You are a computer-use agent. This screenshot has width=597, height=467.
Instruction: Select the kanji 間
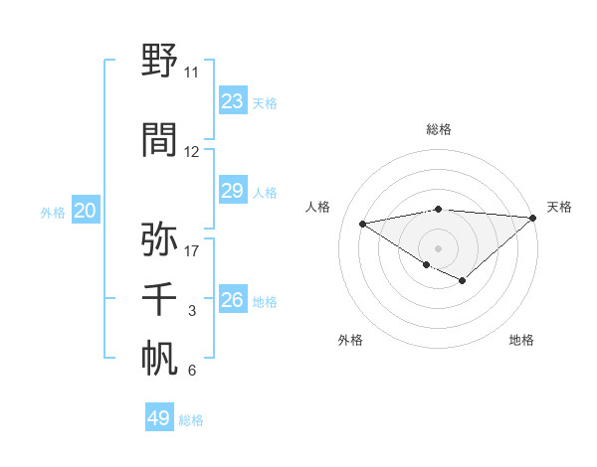160,140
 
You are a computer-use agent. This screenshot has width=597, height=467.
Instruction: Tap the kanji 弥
160,238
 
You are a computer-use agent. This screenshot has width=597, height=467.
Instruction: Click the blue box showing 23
232,101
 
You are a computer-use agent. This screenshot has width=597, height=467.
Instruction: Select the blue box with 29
232,191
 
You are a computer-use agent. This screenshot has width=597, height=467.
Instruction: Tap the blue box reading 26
232,300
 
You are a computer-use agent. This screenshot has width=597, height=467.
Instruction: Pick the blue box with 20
85,211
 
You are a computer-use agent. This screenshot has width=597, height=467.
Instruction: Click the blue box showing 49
159,418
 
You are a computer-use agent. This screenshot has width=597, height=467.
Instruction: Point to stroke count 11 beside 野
191,73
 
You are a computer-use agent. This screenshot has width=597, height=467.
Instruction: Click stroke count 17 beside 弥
192,250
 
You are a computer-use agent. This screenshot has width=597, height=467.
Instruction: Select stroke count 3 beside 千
191,311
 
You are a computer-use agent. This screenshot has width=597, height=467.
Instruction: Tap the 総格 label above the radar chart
438,129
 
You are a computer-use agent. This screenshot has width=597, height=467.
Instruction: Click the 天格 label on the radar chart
559,207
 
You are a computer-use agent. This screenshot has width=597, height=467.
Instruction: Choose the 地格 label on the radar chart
521,340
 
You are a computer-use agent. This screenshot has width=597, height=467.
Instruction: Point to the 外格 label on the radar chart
350,340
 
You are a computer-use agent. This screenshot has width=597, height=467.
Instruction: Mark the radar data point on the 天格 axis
533,217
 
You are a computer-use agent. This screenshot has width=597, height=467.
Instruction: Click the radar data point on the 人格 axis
362,223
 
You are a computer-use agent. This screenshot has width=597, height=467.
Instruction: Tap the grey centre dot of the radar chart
438,247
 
